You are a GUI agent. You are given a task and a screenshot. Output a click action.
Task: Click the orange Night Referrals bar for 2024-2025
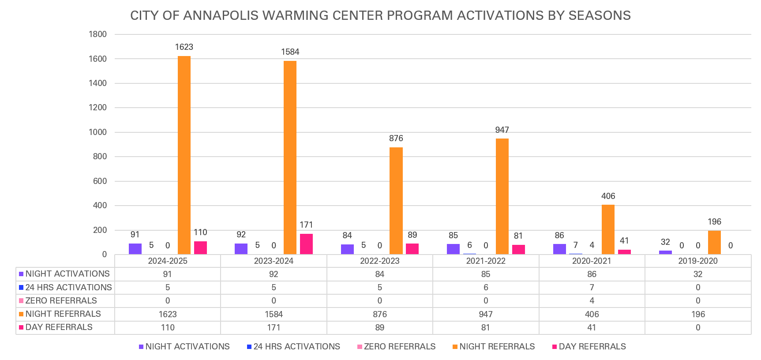184,155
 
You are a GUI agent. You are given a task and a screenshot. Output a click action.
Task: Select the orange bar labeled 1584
290,157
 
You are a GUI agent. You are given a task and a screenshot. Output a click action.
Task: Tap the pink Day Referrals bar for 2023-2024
306,244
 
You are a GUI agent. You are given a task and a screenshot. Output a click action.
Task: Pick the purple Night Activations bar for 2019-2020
665,252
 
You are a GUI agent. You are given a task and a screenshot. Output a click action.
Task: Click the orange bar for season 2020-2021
608,229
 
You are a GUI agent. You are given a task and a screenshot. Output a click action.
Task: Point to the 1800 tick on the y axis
98,34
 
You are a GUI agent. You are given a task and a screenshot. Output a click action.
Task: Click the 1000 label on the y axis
98,132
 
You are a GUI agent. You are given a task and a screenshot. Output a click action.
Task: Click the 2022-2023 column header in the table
379,261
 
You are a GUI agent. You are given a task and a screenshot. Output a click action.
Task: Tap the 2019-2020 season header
697,261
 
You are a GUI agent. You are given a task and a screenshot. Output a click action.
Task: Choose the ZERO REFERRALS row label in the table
61,301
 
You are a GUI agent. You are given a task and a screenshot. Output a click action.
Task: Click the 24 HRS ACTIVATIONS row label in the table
68,288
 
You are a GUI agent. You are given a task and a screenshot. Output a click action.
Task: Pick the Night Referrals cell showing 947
485,315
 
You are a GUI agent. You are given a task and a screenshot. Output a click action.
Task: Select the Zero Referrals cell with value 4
592,301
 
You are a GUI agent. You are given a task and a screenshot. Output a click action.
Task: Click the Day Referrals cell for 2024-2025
168,328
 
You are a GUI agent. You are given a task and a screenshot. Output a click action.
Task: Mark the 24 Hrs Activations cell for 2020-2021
592,288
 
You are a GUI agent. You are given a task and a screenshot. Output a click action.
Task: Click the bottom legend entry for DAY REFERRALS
592,347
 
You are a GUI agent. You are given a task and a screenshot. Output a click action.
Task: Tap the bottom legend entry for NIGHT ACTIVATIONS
187,347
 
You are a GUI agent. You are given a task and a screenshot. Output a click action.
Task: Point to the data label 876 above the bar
396,139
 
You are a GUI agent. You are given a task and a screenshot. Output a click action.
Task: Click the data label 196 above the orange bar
714,222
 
